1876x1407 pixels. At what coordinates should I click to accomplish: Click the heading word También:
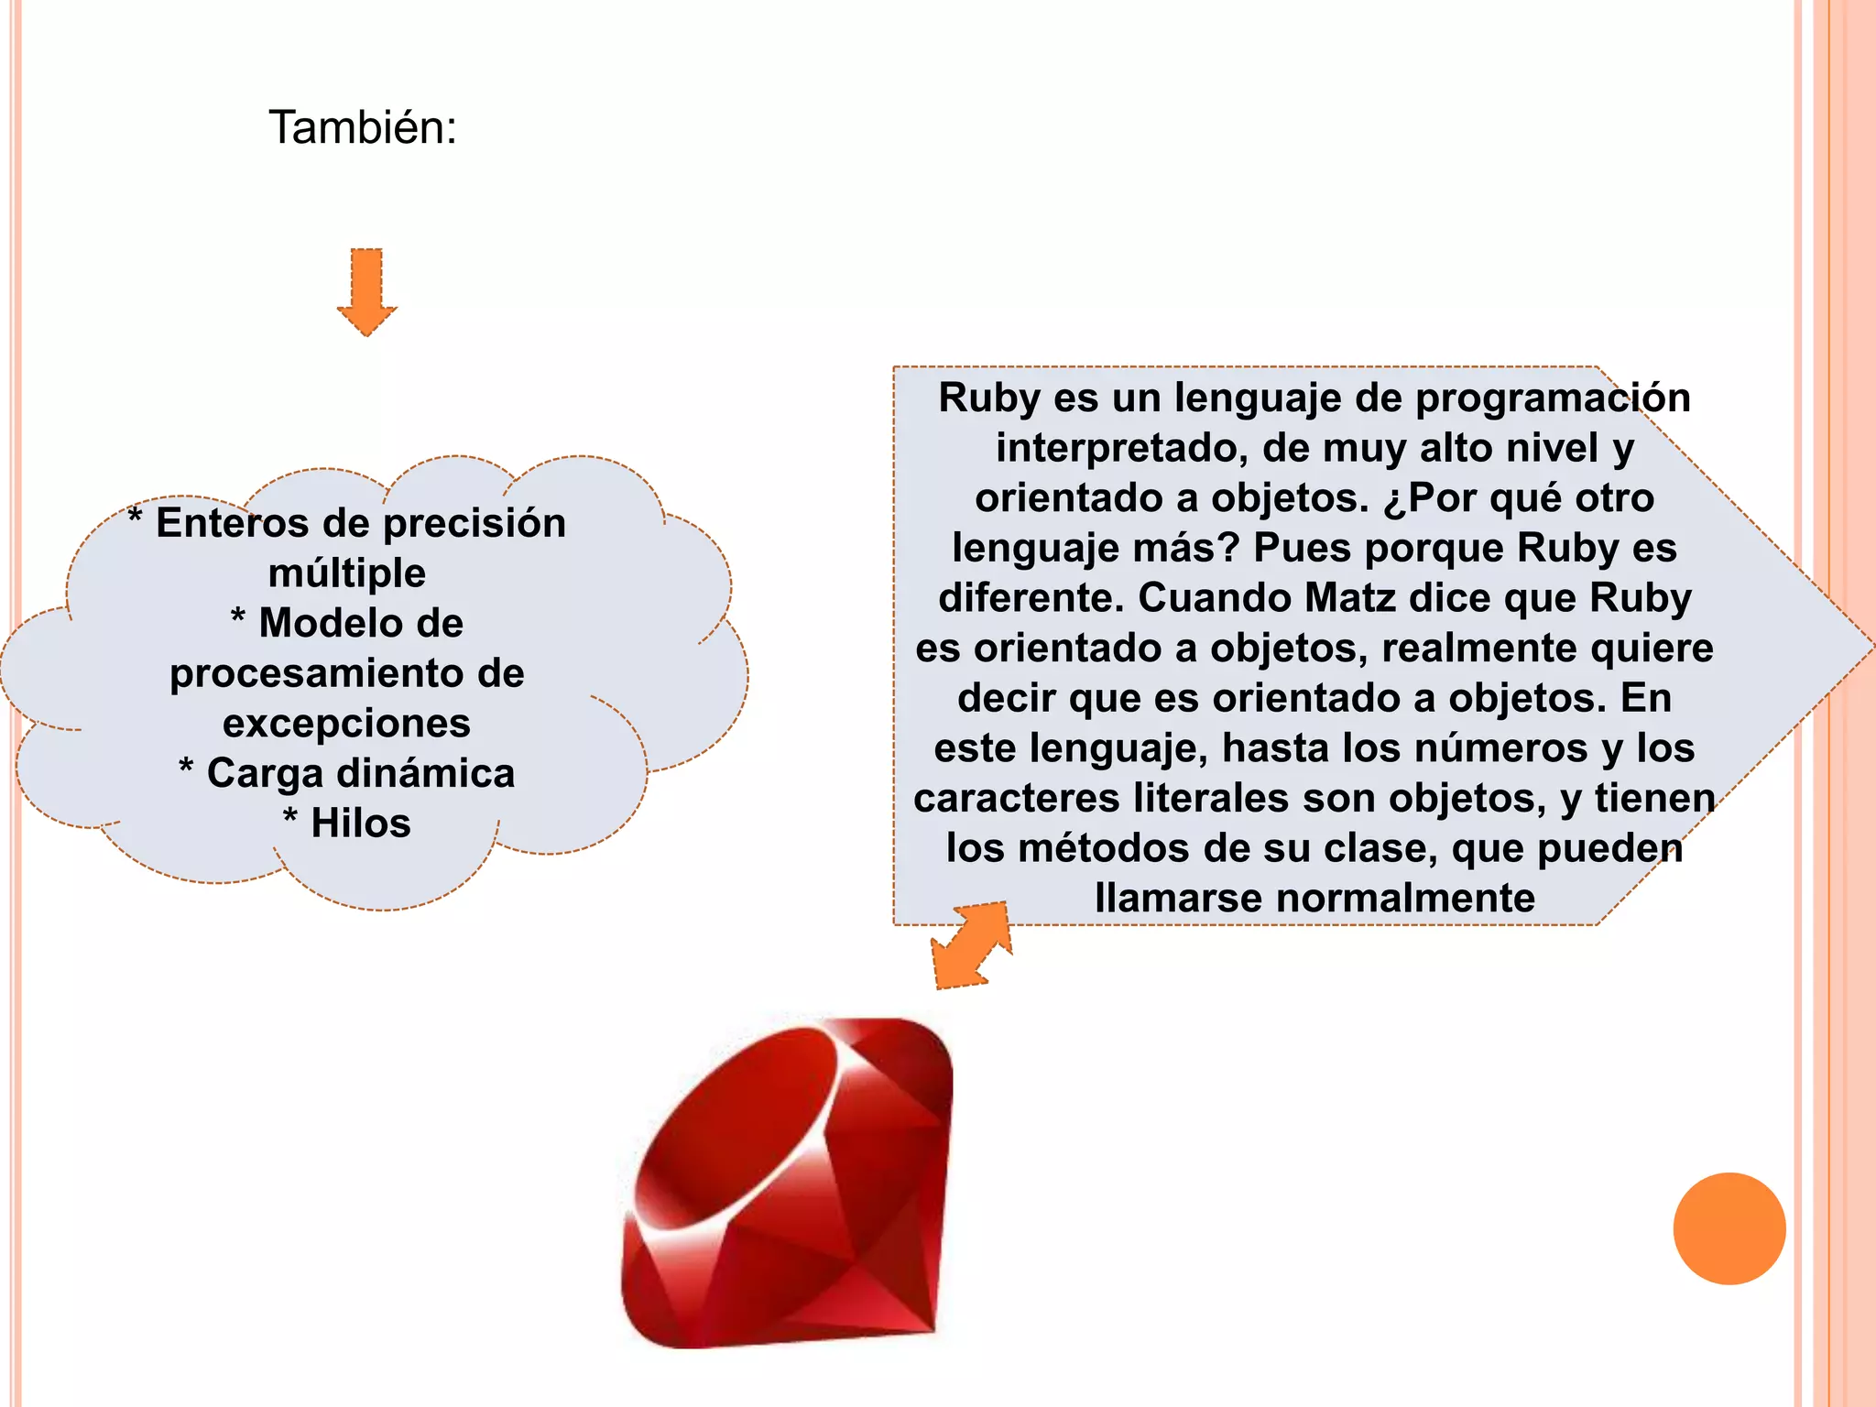[362, 127]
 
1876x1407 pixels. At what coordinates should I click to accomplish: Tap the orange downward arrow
[366, 291]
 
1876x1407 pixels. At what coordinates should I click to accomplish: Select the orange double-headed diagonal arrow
[971, 944]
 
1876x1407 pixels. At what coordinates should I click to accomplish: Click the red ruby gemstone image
[788, 1182]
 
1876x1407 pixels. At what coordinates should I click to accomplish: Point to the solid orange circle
[1729, 1228]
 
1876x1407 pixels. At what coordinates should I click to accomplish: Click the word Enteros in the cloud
[233, 523]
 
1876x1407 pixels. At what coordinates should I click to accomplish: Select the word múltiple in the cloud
[347, 573]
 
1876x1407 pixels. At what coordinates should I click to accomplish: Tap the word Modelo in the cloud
[361, 624]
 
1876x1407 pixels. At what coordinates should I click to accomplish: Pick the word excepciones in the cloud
[347, 724]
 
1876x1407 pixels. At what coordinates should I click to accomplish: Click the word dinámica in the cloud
[426, 773]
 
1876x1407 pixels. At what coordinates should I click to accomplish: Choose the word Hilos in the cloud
[361, 823]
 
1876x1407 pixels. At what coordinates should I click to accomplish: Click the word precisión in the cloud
[474, 523]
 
